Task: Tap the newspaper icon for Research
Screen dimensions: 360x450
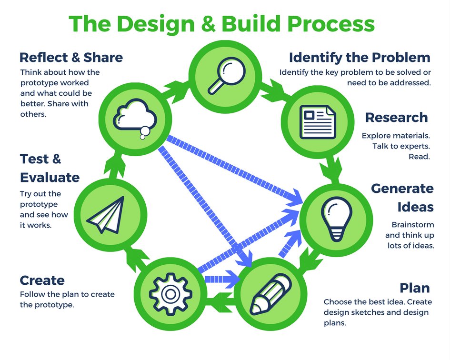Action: pos(317,121)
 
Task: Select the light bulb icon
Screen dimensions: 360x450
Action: pos(337,217)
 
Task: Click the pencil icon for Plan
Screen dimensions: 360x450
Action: pos(270,290)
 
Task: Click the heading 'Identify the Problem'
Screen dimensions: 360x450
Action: pos(360,58)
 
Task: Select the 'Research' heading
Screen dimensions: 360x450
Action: pos(396,117)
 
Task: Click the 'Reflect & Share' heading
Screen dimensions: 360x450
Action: pos(71,58)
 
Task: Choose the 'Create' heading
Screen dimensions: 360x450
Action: pos(42,280)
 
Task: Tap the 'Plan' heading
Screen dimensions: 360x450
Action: pos(414,288)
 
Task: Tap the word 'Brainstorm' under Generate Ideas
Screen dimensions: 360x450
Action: pos(412,225)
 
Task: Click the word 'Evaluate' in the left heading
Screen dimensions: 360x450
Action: pos(50,178)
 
